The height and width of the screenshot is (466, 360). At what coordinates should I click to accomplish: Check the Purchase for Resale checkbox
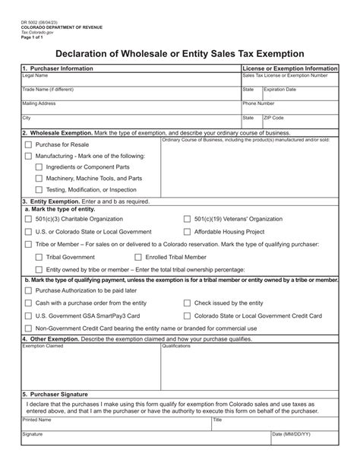(x=29, y=144)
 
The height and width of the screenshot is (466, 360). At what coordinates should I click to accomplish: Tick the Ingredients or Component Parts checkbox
(x=39, y=166)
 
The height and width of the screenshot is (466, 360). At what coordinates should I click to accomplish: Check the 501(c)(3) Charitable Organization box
(x=29, y=219)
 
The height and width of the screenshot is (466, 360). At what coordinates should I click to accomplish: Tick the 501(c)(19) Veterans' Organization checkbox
(x=188, y=219)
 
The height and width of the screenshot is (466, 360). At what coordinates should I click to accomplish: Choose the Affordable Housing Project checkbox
(x=188, y=231)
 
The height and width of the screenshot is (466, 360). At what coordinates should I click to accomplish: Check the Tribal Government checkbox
(x=39, y=257)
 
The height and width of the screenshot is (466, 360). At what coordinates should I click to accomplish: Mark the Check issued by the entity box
(x=188, y=303)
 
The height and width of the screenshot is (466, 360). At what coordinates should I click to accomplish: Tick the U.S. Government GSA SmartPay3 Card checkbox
(x=29, y=315)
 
